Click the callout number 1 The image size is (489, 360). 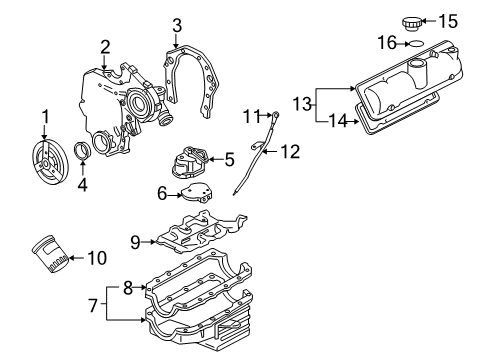44,118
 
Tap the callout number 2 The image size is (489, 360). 104,45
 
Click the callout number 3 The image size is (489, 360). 176,23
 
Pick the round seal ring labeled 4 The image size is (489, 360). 83,152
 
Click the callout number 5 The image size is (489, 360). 229,157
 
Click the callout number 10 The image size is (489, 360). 97,259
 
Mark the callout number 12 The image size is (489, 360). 290,152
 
